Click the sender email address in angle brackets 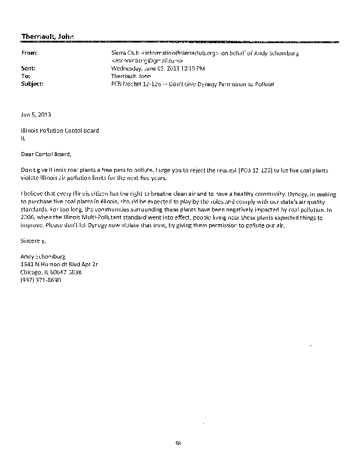click(148, 61)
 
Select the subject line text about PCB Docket click(192, 84)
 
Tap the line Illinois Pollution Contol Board click(59, 130)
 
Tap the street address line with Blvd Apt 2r click(59, 264)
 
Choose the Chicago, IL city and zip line click(51, 271)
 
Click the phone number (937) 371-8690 click(41, 280)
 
